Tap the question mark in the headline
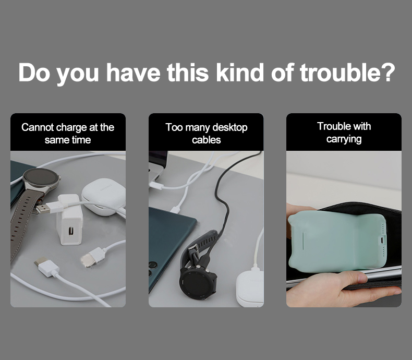(388, 73)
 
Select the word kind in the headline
(240, 73)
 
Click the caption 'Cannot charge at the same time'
(68, 134)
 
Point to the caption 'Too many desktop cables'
(207, 134)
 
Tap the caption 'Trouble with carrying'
(344, 133)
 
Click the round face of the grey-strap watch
(41, 177)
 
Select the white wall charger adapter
(69, 220)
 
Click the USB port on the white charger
(71, 231)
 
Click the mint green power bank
(337, 241)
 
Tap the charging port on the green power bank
(382, 239)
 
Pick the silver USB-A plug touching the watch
(42, 209)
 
